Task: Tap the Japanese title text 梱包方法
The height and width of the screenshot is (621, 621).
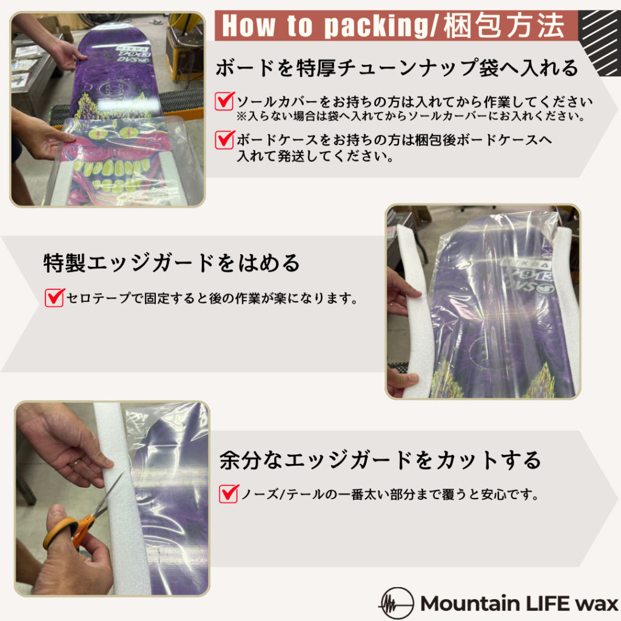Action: (504, 25)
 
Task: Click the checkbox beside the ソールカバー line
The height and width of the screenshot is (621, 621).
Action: (224, 101)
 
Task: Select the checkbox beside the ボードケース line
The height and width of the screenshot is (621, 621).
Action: (224, 140)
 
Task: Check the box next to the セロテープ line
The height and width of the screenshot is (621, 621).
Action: (55, 297)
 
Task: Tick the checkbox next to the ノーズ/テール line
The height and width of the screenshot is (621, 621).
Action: (229, 494)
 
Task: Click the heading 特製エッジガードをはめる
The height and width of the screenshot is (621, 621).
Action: (171, 263)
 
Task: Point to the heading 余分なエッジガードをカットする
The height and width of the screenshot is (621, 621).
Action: (380, 460)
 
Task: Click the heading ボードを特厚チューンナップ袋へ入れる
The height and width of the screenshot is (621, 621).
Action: (397, 68)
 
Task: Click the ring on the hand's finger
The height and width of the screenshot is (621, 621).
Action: (76, 463)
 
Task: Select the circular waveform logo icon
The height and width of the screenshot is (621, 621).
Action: (397, 603)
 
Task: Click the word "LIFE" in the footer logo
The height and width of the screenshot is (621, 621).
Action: (546, 603)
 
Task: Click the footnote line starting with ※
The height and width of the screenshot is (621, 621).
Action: (411, 116)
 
